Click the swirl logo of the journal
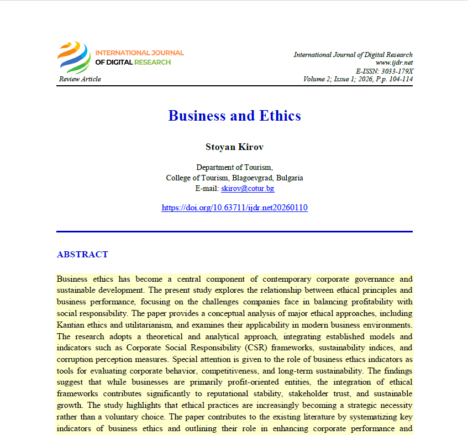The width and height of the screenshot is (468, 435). (74, 58)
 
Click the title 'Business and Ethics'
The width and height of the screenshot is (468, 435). (234, 116)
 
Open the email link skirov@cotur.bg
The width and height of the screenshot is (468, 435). (248, 188)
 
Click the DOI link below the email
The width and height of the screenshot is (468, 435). (234, 208)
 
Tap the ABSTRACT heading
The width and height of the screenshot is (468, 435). (82, 255)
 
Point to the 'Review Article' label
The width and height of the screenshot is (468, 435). (80, 79)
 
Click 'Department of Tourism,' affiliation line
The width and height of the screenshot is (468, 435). (234, 167)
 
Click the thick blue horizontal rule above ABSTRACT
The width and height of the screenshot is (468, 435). (234, 231)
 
